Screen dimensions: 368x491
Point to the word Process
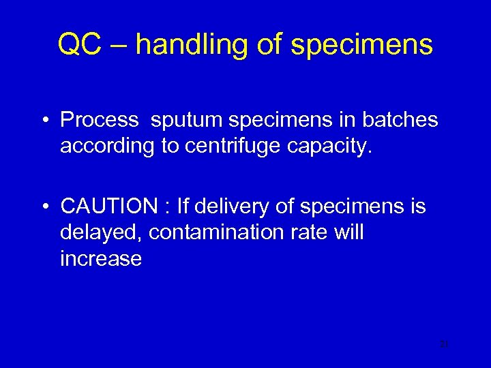click(x=100, y=120)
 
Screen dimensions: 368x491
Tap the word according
click(x=106, y=147)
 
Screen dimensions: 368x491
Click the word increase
click(x=101, y=260)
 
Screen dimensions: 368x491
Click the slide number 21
click(x=443, y=345)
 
